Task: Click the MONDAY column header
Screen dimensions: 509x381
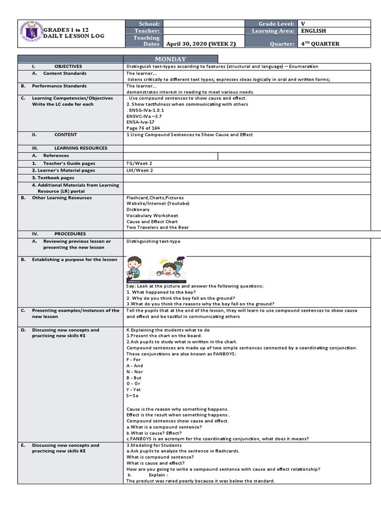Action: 169,59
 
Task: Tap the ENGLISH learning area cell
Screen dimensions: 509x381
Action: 313,31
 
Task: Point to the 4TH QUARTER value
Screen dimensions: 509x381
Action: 320,44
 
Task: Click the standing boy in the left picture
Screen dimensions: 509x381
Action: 134,266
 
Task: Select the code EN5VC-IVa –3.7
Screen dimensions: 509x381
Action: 144,116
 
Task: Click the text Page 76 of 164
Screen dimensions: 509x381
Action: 143,128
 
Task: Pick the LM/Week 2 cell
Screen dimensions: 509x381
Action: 140,170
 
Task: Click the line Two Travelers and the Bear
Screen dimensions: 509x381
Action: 157,227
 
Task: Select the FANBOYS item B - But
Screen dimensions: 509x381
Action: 134,378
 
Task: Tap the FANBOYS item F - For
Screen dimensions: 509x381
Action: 133,359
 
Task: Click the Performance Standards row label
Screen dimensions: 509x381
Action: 60,86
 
